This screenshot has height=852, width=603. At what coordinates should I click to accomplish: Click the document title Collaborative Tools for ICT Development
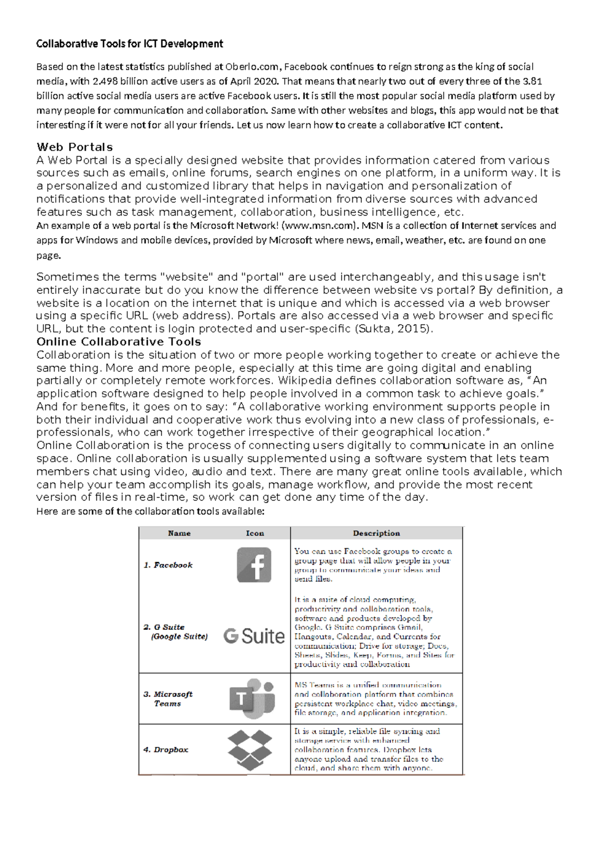130,44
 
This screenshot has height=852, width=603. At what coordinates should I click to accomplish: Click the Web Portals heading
74,147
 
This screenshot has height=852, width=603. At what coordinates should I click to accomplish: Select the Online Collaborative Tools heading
119,342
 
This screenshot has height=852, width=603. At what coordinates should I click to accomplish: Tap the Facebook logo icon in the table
254,565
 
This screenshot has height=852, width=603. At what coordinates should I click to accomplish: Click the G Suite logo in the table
254,636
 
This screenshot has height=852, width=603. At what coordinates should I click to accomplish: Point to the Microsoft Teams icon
253,698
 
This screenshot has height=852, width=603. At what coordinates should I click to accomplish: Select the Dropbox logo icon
250,750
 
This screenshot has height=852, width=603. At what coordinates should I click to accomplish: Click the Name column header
179,533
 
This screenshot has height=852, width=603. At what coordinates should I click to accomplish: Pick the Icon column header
255,533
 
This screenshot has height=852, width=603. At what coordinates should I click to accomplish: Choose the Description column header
376,533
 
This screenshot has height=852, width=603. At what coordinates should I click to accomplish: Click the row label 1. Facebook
168,565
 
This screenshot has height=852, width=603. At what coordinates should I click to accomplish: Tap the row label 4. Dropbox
166,750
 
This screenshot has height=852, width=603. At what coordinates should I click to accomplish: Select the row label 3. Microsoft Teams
168,699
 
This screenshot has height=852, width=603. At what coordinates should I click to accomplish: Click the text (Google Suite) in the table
179,636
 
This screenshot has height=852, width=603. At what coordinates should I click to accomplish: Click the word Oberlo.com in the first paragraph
251,67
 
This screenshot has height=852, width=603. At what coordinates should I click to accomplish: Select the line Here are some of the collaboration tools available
150,511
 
